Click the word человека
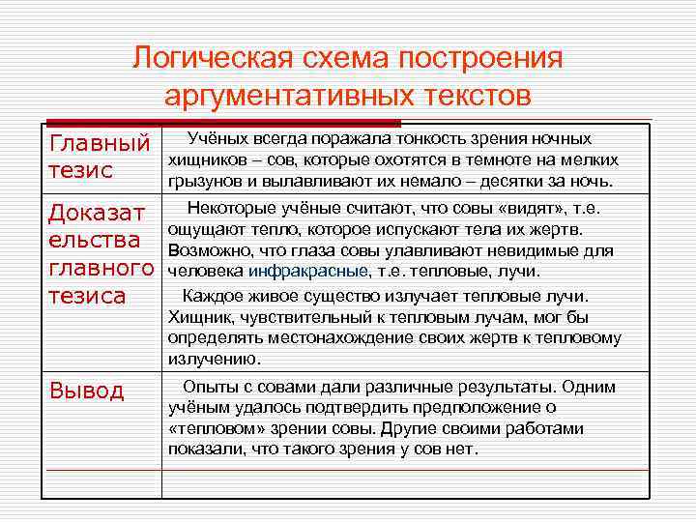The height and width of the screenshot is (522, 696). [x=205, y=271]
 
